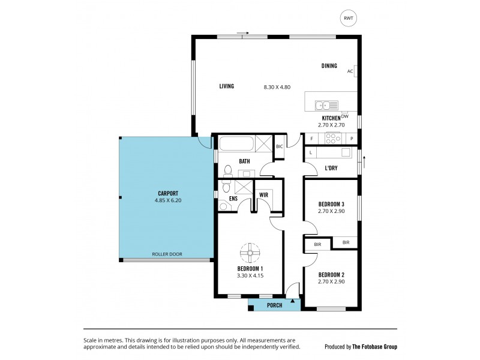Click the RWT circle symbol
[x=347, y=19]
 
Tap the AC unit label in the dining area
[x=350, y=71]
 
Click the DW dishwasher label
[x=344, y=116]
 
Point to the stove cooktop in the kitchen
[x=332, y=138]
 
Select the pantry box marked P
[x=352, y=138]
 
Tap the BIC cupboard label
[x=279, y=146]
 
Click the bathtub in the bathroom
[x=236, y=144]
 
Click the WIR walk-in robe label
[x=263, y=195]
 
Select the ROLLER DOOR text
[x=167, y=254]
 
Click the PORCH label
[x=274, y=305]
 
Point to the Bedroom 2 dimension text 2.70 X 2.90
[x=331, y=281]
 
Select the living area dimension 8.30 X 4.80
[x=277, y=87]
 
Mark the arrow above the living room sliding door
[x=242, y=32]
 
